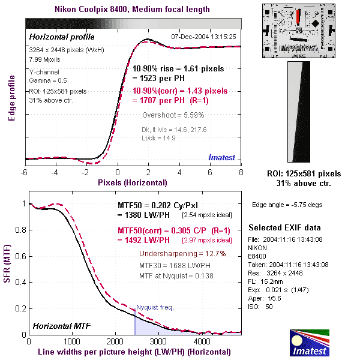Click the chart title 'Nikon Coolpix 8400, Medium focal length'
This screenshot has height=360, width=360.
(132, 9)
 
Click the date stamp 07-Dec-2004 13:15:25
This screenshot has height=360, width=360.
(204, 37)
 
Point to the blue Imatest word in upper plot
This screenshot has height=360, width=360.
(221, 157)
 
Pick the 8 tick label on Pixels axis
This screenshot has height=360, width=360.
(241, 172)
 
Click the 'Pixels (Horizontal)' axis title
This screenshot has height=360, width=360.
(133, 181)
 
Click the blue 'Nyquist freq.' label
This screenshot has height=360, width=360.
(155, 307)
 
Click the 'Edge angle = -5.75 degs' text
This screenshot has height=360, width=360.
(287, 204)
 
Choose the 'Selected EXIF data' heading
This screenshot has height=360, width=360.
(284, 228)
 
